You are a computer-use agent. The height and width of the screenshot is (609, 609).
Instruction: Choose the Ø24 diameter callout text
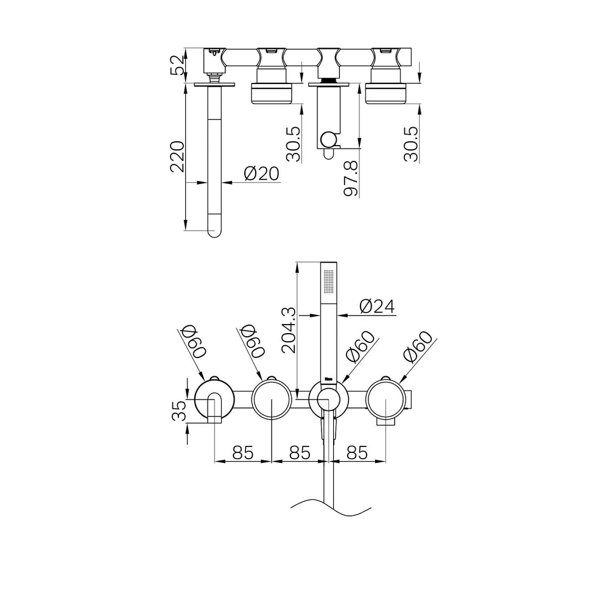pos(377,306)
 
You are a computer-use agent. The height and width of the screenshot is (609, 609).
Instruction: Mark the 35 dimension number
pos(180,411)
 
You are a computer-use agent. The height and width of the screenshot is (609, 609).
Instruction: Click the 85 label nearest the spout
pos(243,452)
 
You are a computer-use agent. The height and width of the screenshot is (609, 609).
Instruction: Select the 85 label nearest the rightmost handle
pos(357,452)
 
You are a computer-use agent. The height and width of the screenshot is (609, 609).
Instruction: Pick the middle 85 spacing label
pos(300,452)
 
